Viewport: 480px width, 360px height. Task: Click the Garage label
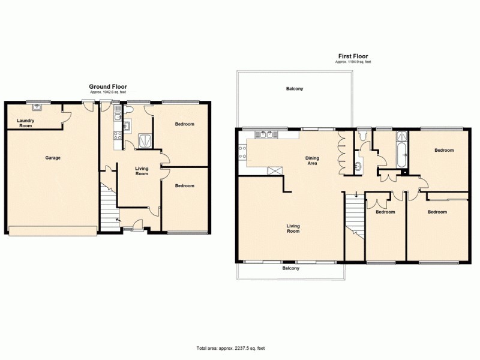tap(53, 158)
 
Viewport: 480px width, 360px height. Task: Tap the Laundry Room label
tap(25, 122)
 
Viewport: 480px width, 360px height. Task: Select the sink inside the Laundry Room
tap(37, 108)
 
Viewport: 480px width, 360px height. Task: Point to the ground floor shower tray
tap(145, 139)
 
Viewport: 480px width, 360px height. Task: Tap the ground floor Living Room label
tap(142, 171)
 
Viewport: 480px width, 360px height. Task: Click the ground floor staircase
tap(109, 204)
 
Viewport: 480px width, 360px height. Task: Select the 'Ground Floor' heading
tap(108, 86)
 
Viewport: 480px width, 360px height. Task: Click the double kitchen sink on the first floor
tap(265, 134)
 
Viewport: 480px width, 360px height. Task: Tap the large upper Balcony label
tap(294, 89)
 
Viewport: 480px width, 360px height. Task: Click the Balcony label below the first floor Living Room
tap(291, 268)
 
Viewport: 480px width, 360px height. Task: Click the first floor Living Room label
tap(293, 228)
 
